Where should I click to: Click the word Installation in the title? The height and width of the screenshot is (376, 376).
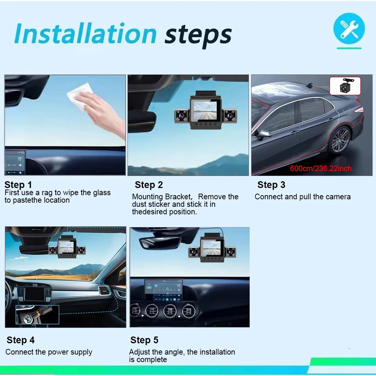85,33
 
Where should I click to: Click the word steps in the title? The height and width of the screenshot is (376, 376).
198,35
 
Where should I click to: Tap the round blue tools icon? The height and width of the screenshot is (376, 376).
349,28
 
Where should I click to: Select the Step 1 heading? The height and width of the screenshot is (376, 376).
18,185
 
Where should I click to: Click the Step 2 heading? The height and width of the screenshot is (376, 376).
149,185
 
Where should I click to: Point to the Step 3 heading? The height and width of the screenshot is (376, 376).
271,185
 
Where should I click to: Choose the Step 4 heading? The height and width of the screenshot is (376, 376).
21,340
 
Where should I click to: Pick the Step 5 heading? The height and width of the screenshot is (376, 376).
144,340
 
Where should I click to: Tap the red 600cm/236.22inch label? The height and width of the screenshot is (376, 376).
321,168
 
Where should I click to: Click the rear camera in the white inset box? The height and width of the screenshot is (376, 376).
345,86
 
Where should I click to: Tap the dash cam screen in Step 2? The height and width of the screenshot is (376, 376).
205,111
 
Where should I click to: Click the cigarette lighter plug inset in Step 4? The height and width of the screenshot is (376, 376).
37,315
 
